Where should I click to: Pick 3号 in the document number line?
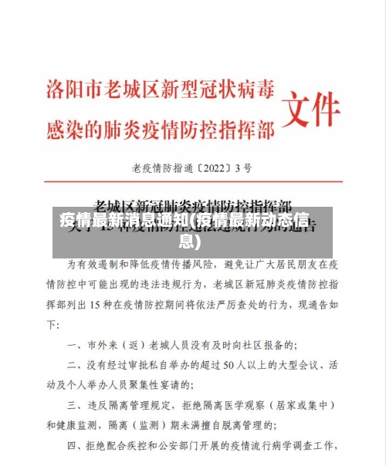click(244, 166)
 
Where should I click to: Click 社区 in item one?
click(255, 344)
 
